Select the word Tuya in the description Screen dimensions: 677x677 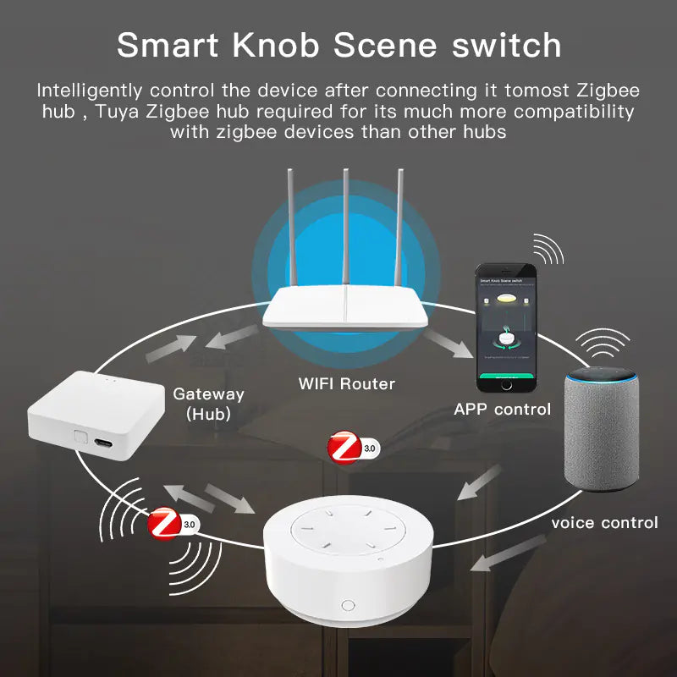coord(117,111)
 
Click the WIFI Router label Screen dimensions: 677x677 coord(346,383)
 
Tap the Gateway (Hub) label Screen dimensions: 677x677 coord(208,403)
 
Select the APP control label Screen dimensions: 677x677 coord(503,410)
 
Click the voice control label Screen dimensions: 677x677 coord(604,522)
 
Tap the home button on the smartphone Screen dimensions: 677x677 coord(507,383)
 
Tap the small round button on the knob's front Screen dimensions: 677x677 coord(347,605)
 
